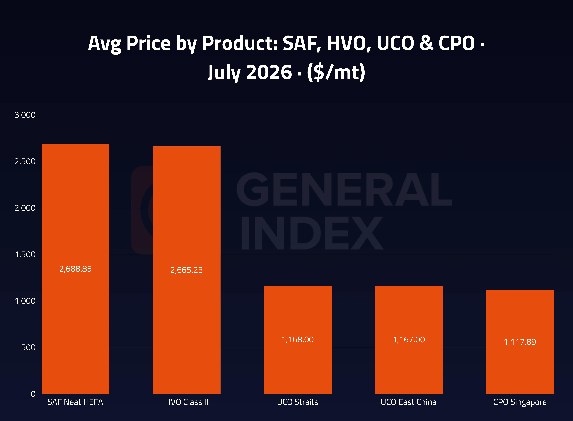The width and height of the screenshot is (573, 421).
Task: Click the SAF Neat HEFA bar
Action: tap(75, 269)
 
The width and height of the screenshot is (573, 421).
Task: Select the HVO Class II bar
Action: tap(187, 270)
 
